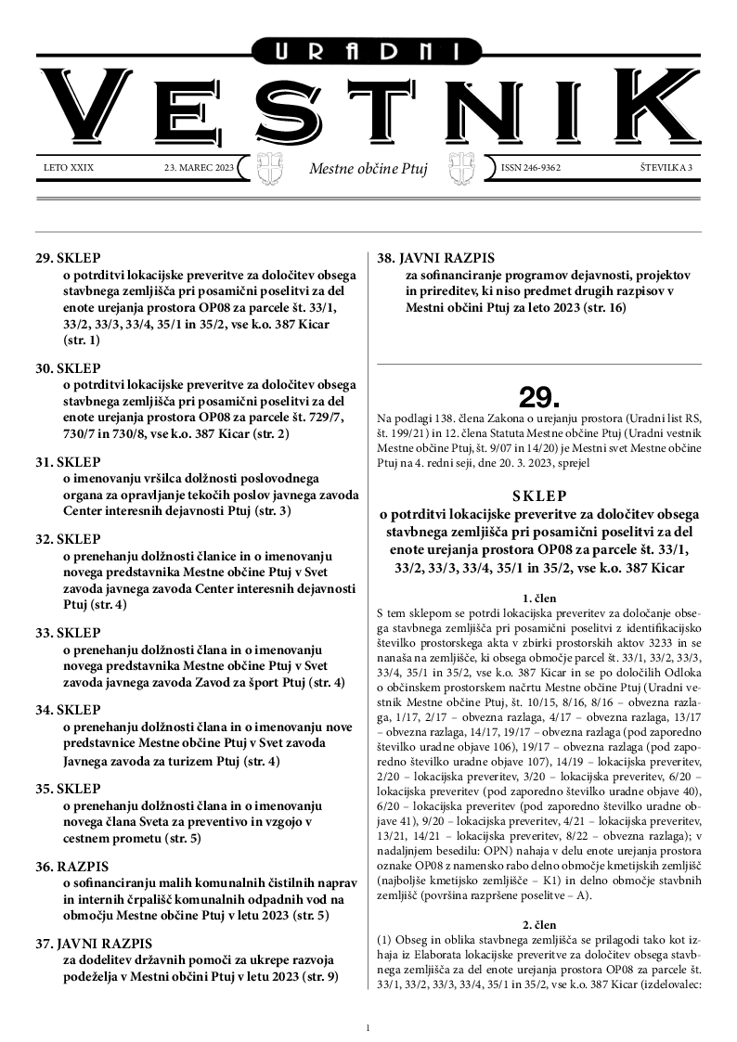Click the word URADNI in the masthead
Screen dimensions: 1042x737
(368, 53)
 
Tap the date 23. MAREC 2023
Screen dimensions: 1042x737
(199, 168)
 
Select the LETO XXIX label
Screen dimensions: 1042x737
(69, 168)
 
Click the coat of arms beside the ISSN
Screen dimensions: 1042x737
(461, 169)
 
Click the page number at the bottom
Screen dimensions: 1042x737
(368, 1027)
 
